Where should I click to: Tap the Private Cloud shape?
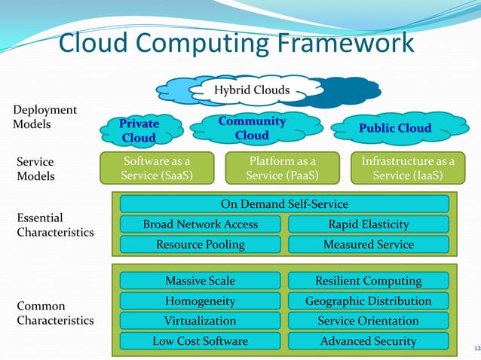point(139,130)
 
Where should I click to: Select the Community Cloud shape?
point(251,128)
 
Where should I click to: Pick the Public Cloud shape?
point(395,128)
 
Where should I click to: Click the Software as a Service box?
point(158,168)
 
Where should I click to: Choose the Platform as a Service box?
point(282,168)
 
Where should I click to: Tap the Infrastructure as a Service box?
point(408,168)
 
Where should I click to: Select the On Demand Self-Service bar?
point(284,204)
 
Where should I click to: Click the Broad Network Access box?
point(201,224)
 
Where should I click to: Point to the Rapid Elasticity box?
point(369,224)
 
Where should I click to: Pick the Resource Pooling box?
point(201,244)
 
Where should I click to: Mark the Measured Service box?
point(369,244)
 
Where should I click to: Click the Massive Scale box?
point(201,281)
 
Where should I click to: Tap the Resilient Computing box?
point(369,281)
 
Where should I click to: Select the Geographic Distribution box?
point(369,301)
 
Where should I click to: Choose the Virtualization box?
point(201,321)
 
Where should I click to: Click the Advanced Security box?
point(369,341)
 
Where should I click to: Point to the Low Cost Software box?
point(201,341)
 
